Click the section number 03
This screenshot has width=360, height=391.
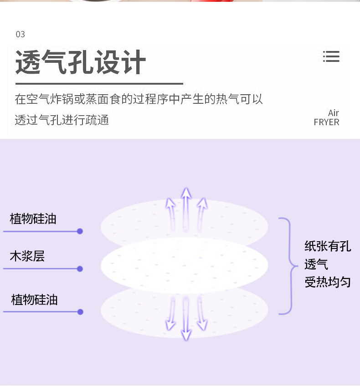[20, 34]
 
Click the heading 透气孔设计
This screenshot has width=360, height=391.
[81, 62]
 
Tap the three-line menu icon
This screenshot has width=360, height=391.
[331, 56]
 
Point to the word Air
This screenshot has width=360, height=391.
[334, 113]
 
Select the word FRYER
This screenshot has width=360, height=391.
[326, 122]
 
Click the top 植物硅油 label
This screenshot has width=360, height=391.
[33, 219]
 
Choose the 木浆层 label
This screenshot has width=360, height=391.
[27, 256]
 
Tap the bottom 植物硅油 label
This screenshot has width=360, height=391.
[34, 300]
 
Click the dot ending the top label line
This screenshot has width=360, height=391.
[80, 231]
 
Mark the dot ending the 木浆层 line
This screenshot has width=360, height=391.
[80, 269]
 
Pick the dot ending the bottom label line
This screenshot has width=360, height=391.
[80, 312]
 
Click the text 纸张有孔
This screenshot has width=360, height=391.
[328, 246]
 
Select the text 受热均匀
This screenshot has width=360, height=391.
[328, 282]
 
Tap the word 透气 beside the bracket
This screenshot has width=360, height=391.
[316, 264]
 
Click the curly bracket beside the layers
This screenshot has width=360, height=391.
[287, 266]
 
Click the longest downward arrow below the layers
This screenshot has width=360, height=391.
[185, 319]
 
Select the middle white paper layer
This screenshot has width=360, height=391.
[184, 265]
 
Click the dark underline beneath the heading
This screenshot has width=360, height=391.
[99, 84]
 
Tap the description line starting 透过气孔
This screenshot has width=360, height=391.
[62, 120]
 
